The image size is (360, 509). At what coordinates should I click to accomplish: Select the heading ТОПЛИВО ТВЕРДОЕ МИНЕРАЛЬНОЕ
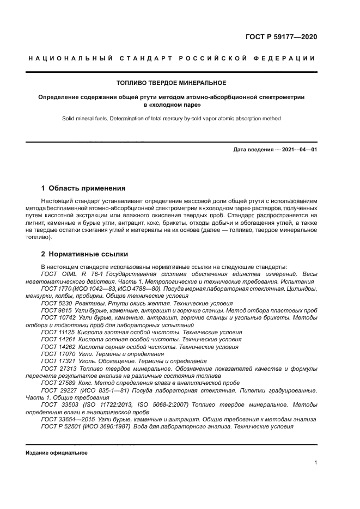172,83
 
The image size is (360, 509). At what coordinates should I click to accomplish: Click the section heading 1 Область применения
83,188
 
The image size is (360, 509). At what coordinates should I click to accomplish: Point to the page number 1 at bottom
315,463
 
